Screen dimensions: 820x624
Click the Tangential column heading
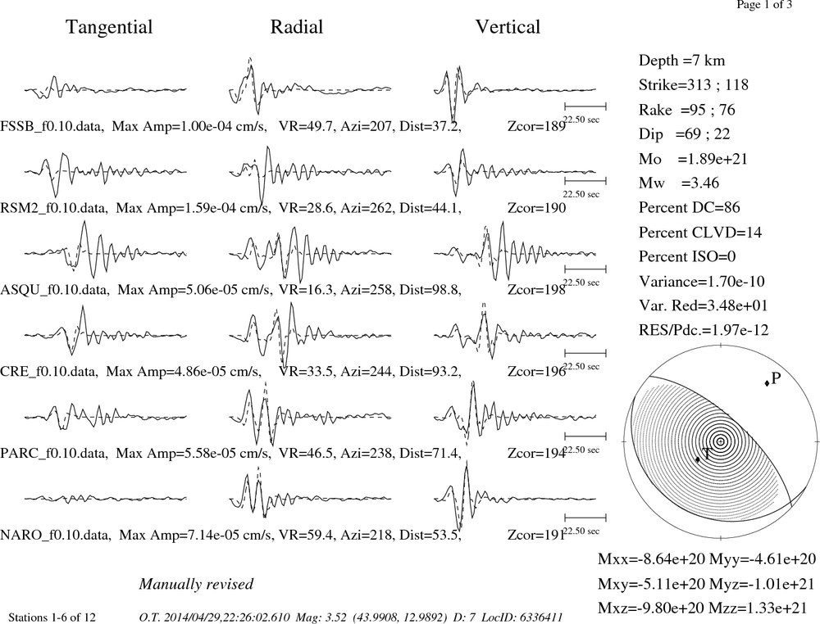[x=109, y=27]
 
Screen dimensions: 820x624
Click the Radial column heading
[x=297, y=27]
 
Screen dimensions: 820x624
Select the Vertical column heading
[x=508, y=27]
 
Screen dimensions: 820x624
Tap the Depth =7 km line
[x=681, y=61]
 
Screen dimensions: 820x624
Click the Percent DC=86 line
[x=690, y=207]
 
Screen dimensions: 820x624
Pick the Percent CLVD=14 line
[x=700, y=232]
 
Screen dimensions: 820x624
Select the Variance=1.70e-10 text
[x=701, y=282]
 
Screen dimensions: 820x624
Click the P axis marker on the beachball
[x=768, y=382]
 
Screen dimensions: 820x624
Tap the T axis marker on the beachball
[x=698, y=459]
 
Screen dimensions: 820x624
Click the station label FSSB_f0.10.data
[x=51, y=126]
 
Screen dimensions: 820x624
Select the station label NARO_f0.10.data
[x=55, y=536]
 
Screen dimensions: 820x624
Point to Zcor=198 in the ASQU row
[x=536, y=289]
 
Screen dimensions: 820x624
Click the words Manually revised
[x=196, y=584]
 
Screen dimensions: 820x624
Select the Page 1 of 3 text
[x=764, y=5]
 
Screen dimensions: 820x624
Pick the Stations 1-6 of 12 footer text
[x=52, y=617]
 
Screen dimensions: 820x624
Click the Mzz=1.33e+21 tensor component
[x=763, y=608]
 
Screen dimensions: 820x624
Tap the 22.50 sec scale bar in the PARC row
[x=585, y=436]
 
